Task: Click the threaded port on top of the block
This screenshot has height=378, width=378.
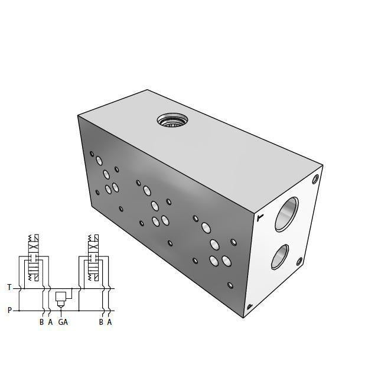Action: pos(172,121)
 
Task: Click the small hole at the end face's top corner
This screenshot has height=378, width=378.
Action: pos(317,178)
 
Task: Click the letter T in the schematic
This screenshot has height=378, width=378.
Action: pos(9,288)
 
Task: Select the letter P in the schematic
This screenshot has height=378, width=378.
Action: pos(9,309)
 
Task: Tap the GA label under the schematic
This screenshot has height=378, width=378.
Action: pos(63,322)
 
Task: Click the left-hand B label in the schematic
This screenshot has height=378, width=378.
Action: pos(41,322)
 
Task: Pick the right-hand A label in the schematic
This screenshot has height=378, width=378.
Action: pos(110,322)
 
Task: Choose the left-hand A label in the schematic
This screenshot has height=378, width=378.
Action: pos(50,322)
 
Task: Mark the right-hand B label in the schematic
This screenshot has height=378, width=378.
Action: pos(101,322)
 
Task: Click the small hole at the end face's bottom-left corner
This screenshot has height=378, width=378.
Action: pos(250,306)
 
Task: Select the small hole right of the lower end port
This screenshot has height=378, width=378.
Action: pos(299,262)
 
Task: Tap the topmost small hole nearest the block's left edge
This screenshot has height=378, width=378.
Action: pos(92,154)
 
